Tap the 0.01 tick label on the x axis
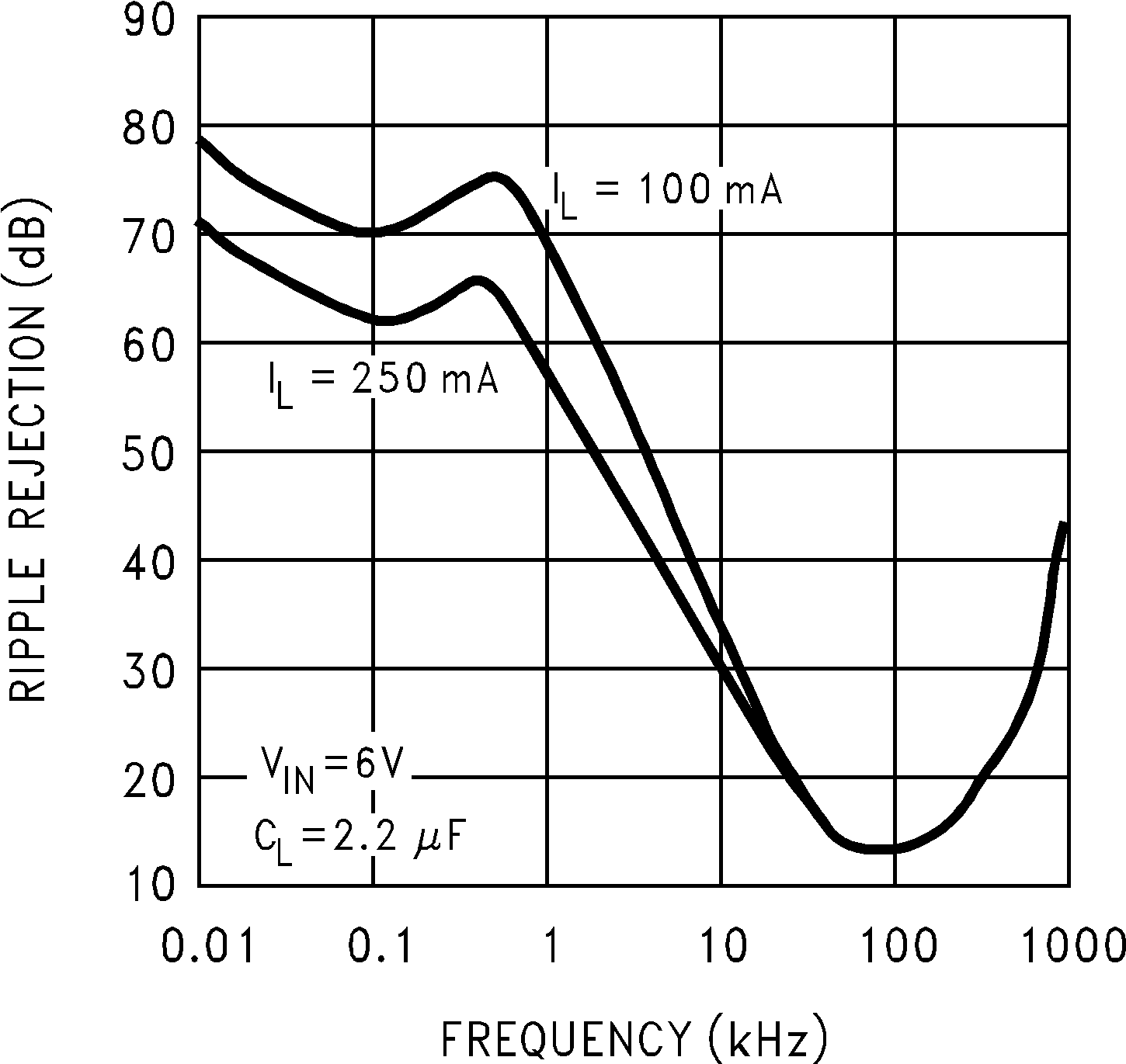pyautogui.click(x=208, y=947)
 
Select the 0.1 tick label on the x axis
pyautogui.click(x=376, y=947)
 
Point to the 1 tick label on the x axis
pyautogui.click(x=551, y=947)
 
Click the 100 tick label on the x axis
pyautogui.click(x=898, y=947)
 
